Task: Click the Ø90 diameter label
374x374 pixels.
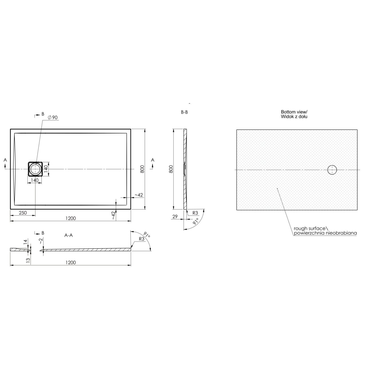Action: (x=52, y=118)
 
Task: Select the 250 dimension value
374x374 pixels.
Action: (x=23, y=213)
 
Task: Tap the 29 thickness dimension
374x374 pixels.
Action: (x=175, y=216)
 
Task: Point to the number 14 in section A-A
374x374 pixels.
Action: (x=25, y=242)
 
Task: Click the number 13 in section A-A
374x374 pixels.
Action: (x=28, y=260)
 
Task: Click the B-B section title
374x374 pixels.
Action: (x=184, y=112)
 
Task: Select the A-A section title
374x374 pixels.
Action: (x=69, y=235)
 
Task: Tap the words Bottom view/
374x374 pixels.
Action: (x=294, y=112)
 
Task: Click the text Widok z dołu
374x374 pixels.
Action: (x=294, y=117)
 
